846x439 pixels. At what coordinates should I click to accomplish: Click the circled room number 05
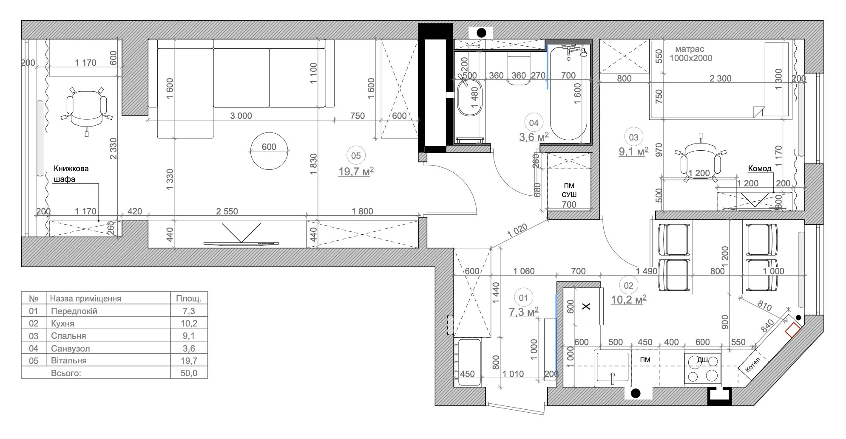356,156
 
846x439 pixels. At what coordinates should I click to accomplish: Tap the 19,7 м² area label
356,172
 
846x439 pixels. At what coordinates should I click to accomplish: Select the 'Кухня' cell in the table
62,324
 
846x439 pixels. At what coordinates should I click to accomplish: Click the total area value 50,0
189,373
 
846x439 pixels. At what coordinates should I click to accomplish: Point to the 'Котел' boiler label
753,364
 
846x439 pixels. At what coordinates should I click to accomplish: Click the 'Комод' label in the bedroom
760,169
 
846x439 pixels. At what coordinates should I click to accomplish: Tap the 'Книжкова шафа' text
71,174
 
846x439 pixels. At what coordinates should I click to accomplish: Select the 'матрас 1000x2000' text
691,54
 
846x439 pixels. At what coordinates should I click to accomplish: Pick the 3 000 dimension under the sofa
241,116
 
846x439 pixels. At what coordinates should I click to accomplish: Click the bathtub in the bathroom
568,93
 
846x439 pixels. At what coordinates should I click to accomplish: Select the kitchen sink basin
613,367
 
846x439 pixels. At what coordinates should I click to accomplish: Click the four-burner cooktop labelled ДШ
703,369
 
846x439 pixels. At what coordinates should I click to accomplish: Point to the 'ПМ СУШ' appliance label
569,190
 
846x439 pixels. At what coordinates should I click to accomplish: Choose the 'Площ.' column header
189,298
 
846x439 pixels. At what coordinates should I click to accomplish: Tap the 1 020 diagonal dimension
517,231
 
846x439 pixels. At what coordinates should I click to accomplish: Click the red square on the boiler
792,330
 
